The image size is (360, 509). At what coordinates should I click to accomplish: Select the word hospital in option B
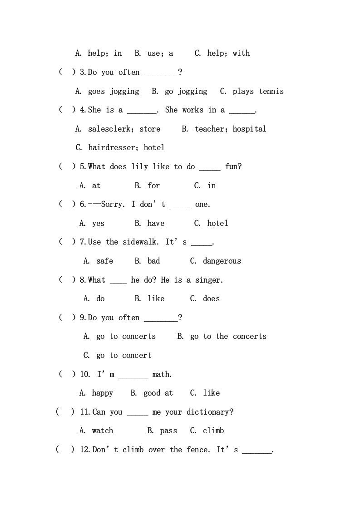point(249,129)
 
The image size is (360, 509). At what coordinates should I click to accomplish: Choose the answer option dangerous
point(222,261)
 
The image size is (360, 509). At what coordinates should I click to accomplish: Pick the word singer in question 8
point(209,280)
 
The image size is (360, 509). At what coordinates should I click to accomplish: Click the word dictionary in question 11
point(211,412)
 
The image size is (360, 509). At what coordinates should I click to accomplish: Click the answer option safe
point(104,261)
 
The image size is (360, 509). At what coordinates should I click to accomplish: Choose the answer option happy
point(102,393)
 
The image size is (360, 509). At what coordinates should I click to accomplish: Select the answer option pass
point(168,431)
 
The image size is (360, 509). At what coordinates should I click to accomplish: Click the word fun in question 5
point(232,166)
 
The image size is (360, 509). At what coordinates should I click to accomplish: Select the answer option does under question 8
point(211,299)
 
